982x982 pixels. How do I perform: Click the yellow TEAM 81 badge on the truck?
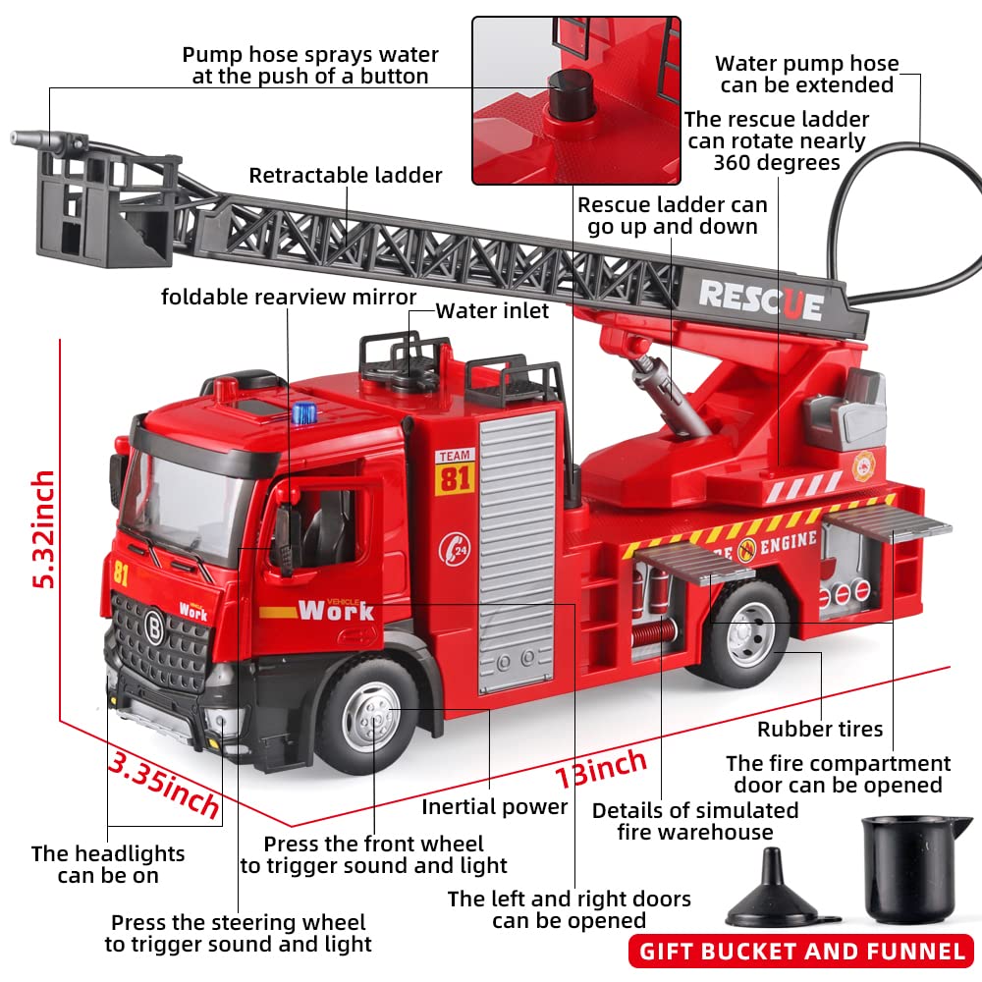(455, 471)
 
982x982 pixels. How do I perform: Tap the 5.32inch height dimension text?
(44, 529)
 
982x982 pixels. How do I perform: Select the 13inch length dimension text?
(601, 767)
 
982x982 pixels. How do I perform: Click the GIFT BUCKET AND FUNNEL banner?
(802, 951)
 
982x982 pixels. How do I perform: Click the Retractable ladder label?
(346, 176)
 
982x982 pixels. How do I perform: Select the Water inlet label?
(492, 311)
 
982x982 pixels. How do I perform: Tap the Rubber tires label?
(820, 729)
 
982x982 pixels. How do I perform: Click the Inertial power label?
(495, 807)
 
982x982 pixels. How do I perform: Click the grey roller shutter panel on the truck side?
(517, 550)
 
